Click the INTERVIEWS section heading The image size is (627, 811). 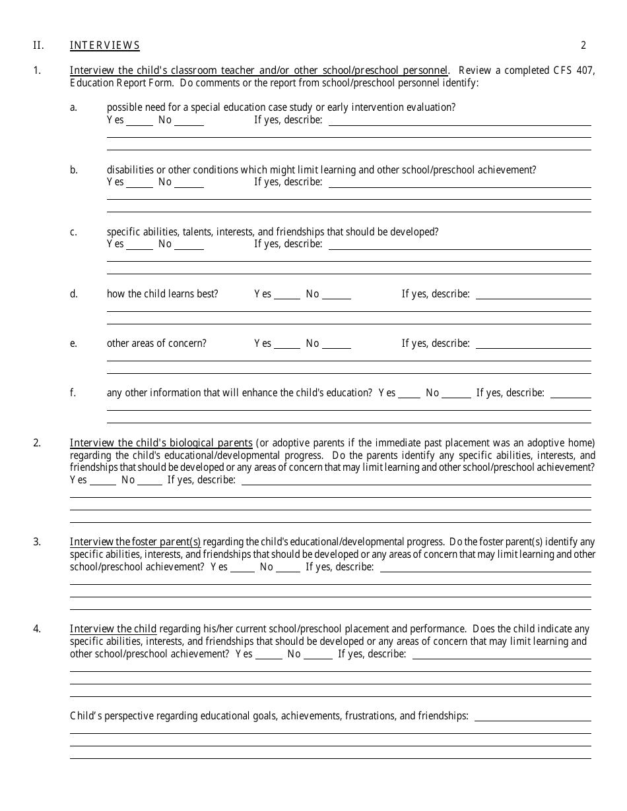tap(105, 45)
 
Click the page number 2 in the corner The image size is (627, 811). tap(583, 45)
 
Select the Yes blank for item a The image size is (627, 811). tap(139, 121)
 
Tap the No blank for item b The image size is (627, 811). tap(189, 183)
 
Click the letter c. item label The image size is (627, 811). tap(73, 232)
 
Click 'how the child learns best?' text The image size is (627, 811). tap(162, 294)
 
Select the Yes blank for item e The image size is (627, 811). tap(287, 344)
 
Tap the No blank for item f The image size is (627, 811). tap(456, 393)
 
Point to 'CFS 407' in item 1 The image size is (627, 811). tap(574, 71)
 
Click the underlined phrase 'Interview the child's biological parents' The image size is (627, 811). tap(161, 443)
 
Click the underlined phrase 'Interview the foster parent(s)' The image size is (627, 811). tap(135, 542)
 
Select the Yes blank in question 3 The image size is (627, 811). tap(242, 567)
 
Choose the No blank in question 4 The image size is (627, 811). tap(318, 654)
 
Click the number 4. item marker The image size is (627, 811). tap(37, 629)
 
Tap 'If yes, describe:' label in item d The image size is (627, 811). tap(436, 294)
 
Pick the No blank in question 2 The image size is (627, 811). tap(150, 480)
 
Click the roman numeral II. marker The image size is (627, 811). tap(38, 45)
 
